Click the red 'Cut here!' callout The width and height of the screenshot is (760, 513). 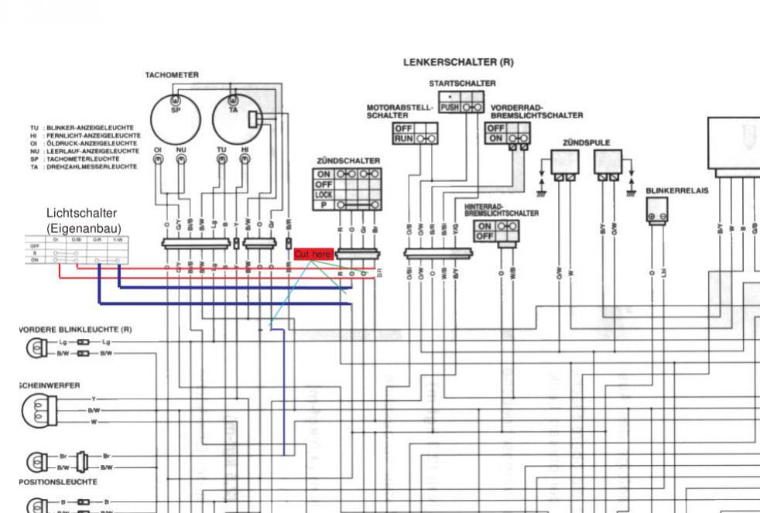pos(313,255)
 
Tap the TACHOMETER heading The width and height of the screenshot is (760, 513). pos(172,75)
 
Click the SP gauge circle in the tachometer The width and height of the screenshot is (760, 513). pos(175,116)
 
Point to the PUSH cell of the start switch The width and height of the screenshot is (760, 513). pos(449,108)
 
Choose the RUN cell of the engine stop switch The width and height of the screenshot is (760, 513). pos(402,138)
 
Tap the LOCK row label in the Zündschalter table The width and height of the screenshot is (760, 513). pos(324,195)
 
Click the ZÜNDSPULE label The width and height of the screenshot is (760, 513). pos(586,142)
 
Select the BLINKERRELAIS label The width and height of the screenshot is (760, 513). pos(677,189)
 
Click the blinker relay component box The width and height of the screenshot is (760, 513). pos(657,210)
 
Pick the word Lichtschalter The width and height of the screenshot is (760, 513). pos(81,212)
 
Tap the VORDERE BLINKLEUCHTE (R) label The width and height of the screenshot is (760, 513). pos(74,329)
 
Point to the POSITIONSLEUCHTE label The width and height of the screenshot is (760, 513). pos(59,481)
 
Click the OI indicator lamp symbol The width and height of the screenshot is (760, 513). pos(157,160)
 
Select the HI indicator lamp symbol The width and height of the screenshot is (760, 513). pos(245,160)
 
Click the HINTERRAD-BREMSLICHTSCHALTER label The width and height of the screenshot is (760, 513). pos(502,210)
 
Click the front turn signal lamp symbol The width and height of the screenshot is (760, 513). pos(36,347)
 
